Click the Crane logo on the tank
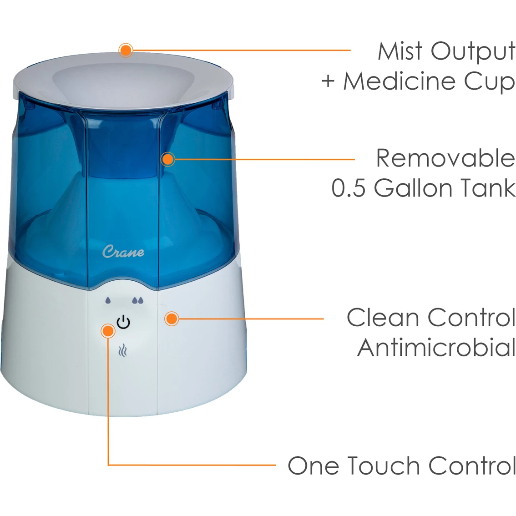[x=123, y=252]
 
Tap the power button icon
[x=123, y=322]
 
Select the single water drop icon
[x=108, y=300]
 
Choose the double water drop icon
[x=138, y=300]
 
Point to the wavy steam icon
[x=123, y=350]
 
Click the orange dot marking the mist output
[x=126, y=51]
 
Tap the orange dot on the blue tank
[x=168, y=159]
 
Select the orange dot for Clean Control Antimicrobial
[x=172, y=319]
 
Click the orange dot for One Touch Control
[x=108, y=331]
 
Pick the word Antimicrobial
[x=436, y=348]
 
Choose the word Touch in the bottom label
[x=384, y=465]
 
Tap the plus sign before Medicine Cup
[x=328, y=81]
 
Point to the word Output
[x=473, y=52]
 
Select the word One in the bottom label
[x=313, y=465]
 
